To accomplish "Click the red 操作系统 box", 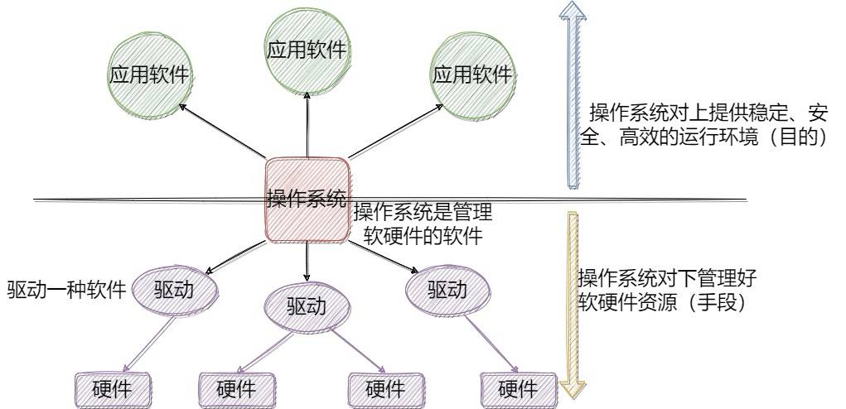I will pos(306,199).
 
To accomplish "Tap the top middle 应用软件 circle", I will pos(307,51).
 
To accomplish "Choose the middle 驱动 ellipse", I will pos(307,306).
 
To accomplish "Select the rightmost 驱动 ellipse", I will pos(447,290).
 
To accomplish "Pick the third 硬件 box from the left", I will pos(385,388).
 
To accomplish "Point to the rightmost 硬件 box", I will pos(519,388).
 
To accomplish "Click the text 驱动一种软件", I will pos(67,291).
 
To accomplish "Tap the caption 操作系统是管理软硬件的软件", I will pos(423,224).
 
